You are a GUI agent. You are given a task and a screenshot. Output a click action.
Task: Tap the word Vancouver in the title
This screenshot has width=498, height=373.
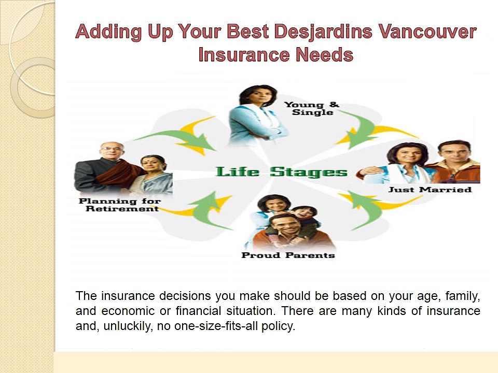click(x=427, y=32)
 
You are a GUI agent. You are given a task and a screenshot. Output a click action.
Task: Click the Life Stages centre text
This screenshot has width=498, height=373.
click(x=281, y=172)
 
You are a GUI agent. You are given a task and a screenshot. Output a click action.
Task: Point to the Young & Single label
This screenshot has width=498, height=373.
click(x=311, y=109)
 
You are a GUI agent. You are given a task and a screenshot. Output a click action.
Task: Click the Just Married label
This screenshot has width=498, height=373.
click(x=430, y=190)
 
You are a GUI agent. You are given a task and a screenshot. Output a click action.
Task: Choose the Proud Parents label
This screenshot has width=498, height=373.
click(x=288, y=255)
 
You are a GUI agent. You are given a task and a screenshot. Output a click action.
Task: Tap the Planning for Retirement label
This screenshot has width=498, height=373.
click(x=119, y=205)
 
